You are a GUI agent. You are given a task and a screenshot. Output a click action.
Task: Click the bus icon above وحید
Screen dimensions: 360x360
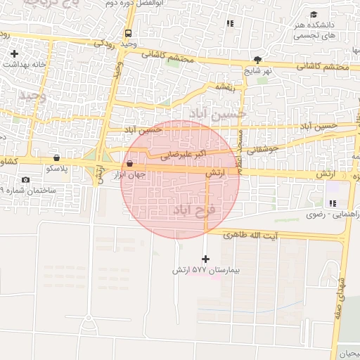point(128,33)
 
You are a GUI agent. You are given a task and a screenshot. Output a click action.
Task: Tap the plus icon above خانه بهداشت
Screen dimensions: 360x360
point(14,53)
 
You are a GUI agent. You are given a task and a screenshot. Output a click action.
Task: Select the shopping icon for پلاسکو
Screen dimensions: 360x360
point(56,157)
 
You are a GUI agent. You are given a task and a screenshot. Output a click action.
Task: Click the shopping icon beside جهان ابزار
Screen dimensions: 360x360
point(131,164)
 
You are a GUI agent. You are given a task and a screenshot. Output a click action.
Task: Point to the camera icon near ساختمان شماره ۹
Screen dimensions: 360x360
point(26,180)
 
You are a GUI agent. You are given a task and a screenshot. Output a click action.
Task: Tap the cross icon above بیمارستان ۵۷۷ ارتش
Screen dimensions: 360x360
point(205,259)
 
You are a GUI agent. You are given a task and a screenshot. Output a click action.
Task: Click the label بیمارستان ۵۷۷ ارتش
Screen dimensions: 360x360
point(206,270)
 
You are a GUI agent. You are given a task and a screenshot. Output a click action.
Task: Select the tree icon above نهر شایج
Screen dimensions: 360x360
point(258,60)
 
